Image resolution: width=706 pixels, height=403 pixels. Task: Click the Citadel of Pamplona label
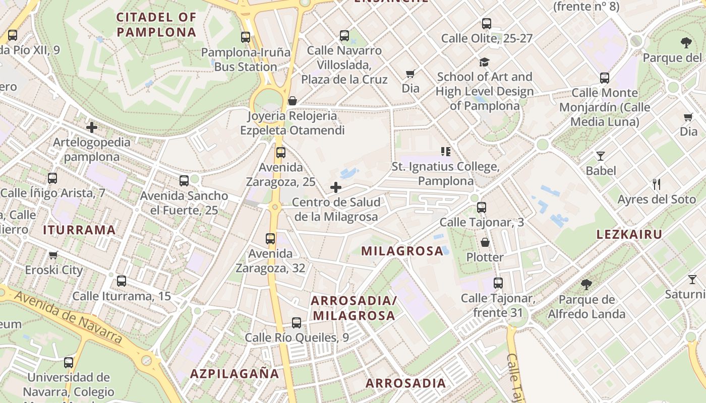point(156,25)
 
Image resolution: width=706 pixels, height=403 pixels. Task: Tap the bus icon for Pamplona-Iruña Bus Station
point(246,37)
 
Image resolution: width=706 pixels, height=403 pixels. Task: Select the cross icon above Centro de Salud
point(336,188)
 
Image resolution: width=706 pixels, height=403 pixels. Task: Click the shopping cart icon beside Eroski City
point(53,255)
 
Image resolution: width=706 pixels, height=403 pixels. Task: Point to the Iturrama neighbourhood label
point(80,230)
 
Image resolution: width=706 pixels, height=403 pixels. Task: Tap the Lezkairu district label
point(629,234)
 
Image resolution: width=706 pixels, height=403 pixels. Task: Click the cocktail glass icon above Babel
point(600,156)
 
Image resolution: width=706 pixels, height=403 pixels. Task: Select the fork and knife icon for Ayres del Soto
point(656,184)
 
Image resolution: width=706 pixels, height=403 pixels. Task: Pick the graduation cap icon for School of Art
point(484,62)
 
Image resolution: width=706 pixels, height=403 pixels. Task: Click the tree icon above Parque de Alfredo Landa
point(586,285)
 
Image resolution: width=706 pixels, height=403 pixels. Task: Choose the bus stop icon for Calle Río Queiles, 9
point(297,323)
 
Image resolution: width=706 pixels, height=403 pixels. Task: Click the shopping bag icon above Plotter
point(485,243)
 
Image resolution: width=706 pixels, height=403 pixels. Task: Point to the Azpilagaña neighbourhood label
point(234,374)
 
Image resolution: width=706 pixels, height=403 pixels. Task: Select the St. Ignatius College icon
point(445,151)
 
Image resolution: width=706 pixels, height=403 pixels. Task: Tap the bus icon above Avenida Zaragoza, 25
point(281,153)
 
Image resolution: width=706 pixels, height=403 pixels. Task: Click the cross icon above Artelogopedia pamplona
point(92,127)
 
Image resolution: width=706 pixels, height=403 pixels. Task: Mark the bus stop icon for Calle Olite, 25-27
point(487,24)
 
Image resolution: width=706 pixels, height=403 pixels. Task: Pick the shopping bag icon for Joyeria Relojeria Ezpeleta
point(292,101)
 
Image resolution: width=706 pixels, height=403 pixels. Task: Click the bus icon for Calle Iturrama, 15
point(122,281)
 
